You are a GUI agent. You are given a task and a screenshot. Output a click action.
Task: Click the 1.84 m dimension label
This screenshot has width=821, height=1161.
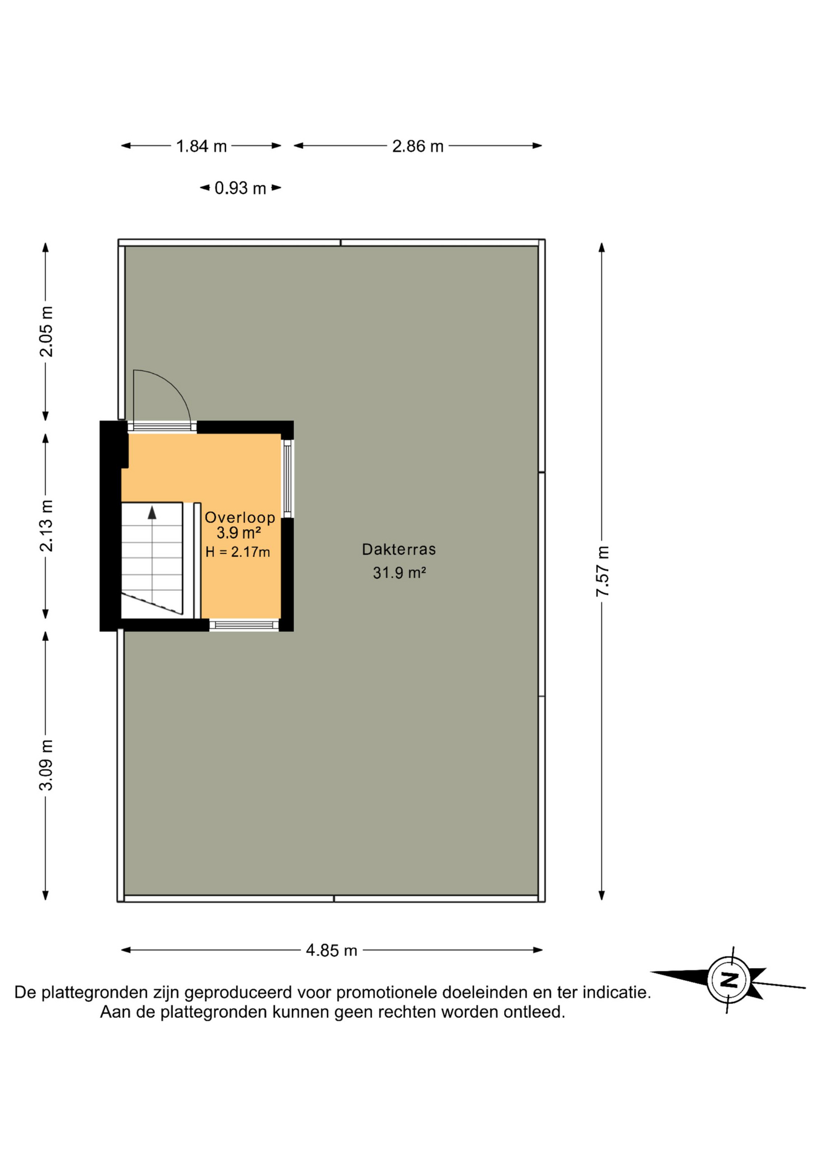201,146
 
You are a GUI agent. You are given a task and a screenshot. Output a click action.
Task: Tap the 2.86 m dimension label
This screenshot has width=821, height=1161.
418,146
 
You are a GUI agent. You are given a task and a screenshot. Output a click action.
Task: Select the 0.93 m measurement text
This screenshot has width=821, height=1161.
241,188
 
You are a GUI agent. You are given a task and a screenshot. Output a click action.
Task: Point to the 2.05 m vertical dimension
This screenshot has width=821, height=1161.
46,331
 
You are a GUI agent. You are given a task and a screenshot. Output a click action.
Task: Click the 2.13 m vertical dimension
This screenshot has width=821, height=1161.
46,526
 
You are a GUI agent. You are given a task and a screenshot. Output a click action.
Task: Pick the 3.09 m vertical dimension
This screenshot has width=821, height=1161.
46,765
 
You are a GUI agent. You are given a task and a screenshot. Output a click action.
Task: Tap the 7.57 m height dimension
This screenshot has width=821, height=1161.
603,571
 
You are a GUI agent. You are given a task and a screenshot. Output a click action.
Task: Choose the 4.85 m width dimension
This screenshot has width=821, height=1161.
331,951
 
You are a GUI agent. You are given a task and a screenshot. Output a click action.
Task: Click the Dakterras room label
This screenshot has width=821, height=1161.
399,549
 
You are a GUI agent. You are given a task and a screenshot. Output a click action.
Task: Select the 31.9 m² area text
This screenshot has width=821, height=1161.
400,572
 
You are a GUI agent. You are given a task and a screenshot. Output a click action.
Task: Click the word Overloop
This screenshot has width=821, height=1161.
240,518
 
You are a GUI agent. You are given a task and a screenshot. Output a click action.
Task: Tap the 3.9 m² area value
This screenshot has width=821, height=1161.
239,533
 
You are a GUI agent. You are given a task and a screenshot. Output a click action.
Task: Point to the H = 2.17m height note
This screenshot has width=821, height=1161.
238,551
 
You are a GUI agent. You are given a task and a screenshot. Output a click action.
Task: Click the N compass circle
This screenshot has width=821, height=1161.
730,980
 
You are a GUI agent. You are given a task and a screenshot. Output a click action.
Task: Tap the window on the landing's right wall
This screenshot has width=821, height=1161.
288,479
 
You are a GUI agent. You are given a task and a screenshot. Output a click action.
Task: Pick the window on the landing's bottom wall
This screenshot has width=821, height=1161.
244,625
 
